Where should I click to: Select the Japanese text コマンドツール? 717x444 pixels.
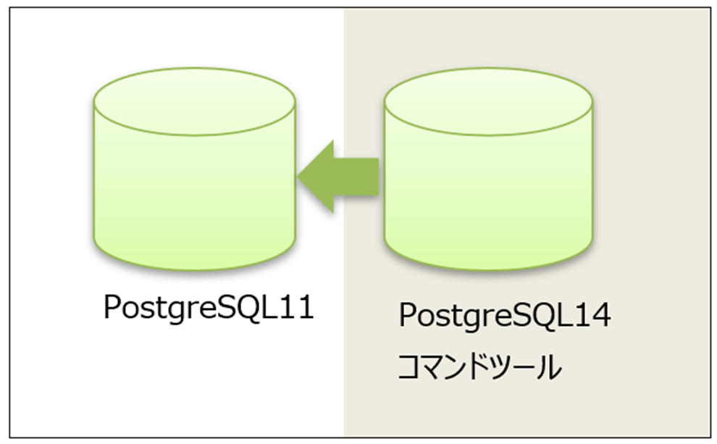coord(479,369)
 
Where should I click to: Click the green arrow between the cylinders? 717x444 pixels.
coord(337,177)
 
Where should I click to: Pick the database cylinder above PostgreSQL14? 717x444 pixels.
coord(488,181)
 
